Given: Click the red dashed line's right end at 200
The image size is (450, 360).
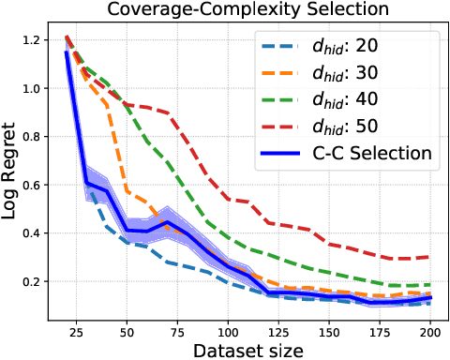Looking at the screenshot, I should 431,256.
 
